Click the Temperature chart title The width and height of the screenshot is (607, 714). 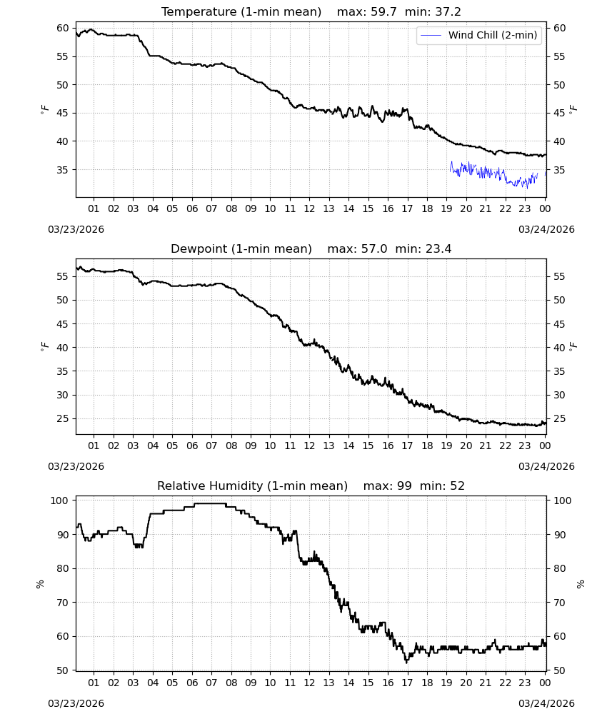tap(241, 12)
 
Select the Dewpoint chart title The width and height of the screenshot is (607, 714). tap(241, 249)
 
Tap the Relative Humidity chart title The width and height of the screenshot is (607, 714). tap(252, 486)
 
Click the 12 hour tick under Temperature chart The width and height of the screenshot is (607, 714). tap(309, 208)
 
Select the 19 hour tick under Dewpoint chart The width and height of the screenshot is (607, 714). tap(446, 446)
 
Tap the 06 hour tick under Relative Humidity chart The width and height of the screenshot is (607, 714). tap(192, 683)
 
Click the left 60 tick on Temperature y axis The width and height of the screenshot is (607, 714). tap(63, 29)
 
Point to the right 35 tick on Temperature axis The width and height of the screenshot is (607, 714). tap(559, 170)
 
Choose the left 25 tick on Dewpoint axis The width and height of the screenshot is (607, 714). tap(63, 418)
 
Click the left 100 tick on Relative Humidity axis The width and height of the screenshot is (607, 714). tap(60, 501)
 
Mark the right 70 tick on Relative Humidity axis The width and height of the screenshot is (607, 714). tap(559, 603)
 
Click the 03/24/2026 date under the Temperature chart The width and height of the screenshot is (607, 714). tap(546, 229)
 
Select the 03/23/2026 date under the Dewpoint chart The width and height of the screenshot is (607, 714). tap(76, 466)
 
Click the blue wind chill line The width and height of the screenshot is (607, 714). tap(493, 174)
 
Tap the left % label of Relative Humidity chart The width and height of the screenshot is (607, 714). tap(40, 584)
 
